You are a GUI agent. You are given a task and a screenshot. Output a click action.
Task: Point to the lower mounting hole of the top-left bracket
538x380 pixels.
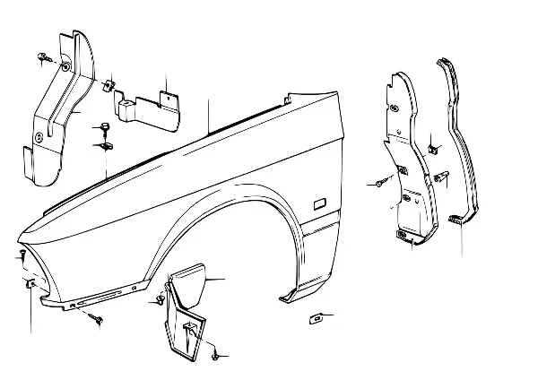coord(39,137)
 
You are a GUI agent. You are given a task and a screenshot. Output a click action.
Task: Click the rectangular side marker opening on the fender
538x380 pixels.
coord(317,205)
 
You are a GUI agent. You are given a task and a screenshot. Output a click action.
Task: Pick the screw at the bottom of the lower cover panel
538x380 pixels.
coord(217,356)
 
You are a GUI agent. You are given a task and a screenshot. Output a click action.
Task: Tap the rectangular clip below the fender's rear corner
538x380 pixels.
coord(316,316)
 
